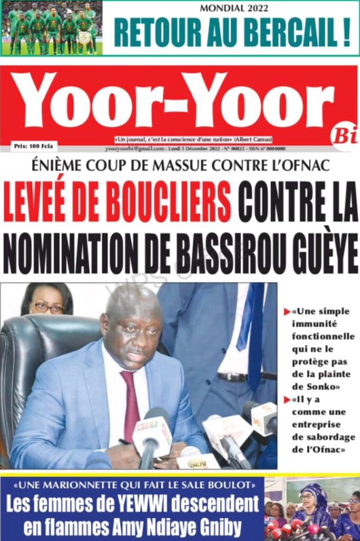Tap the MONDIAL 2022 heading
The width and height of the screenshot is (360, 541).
pyautogui.click(x=234, y=8)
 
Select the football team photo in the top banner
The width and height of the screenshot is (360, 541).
pyautogui.click(x=51, y=27)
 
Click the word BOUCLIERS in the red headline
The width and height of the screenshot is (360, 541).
pyautogui.click(x=168, y=202)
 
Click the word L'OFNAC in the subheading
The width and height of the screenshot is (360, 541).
pyautogui.click(x=302, y=166)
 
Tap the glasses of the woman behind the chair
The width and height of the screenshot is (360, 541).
pyautogui.click(x=49, y=307)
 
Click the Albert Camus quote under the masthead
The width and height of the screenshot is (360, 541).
pyautogui.click(x=193, y=139)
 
